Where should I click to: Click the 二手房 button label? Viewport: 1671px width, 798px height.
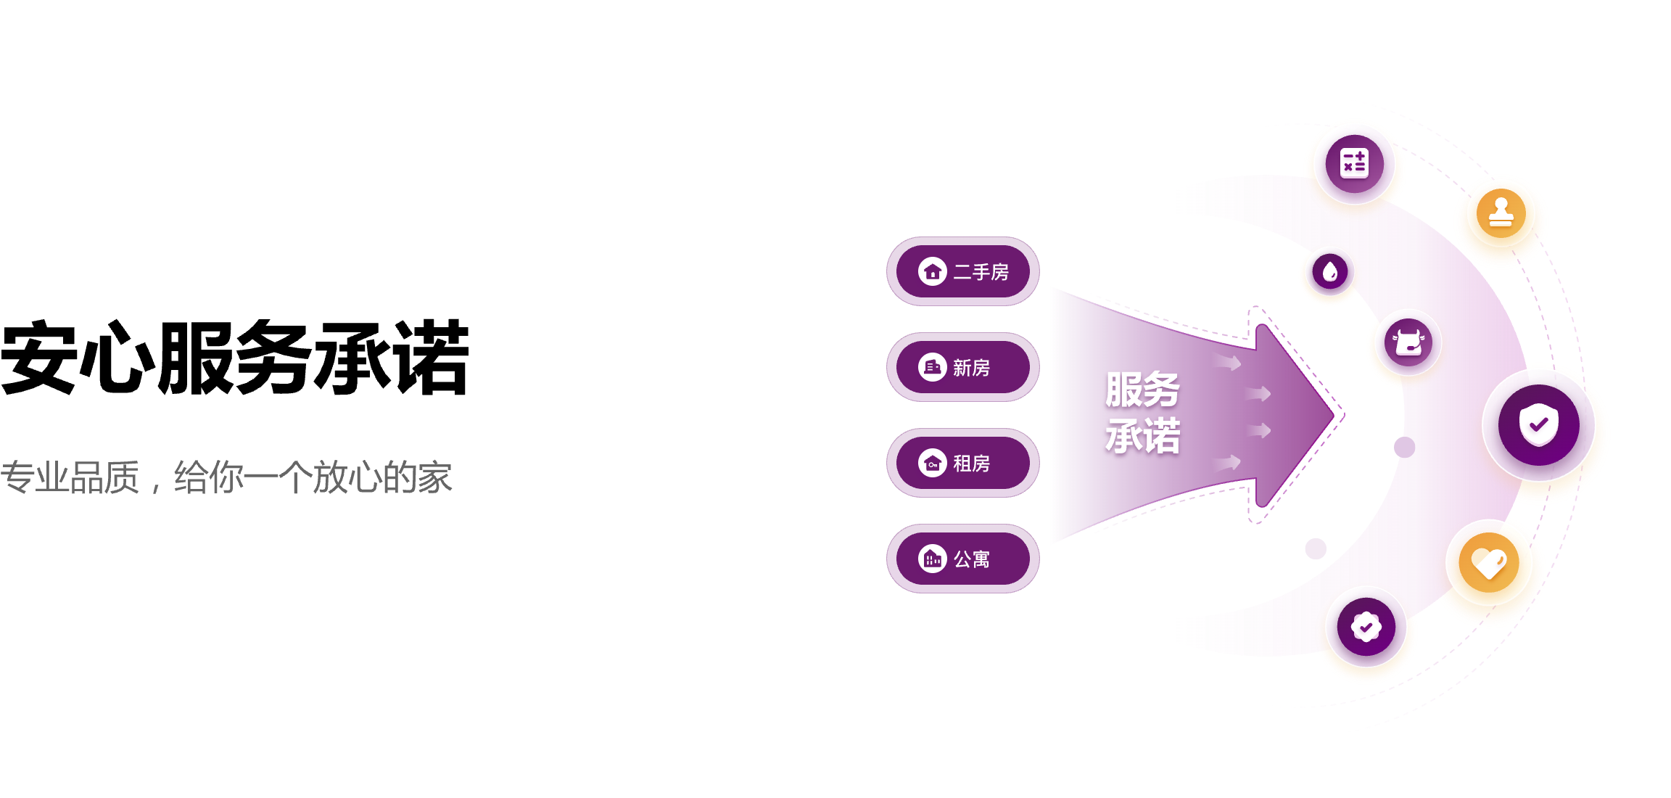click(x=981, y=272)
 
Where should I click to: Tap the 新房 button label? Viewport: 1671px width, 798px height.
click(x=971, y=368)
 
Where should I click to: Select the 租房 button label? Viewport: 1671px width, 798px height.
click(x=971, y=464)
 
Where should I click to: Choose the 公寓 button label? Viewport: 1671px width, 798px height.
click(x=971, y=559)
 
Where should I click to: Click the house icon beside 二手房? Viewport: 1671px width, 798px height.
click(x=933, y=272)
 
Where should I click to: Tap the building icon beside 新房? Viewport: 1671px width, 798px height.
click(x=933, y=368)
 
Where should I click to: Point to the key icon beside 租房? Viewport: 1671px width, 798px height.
click(x=933, y=464)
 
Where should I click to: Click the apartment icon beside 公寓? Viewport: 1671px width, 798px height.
click(x=933, y=559)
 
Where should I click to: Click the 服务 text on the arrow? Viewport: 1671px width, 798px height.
click(x=1142, y=390)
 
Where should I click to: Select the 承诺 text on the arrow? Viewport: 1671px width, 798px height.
click(x=1142, y=436)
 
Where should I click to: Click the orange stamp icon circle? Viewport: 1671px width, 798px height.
click(x=1501, y=214)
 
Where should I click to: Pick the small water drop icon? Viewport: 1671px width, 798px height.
click(x=1329, y=273)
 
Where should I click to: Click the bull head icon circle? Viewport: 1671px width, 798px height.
click(x=1408, y=342)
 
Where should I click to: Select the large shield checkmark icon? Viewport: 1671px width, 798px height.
click(x=1538, y=425)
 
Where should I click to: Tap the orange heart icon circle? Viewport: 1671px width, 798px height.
click(x=1488, y=563)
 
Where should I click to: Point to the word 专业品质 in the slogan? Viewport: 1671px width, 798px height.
click(x=70, y=478)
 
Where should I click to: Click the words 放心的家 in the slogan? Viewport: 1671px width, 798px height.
click(x=382, y=478)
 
